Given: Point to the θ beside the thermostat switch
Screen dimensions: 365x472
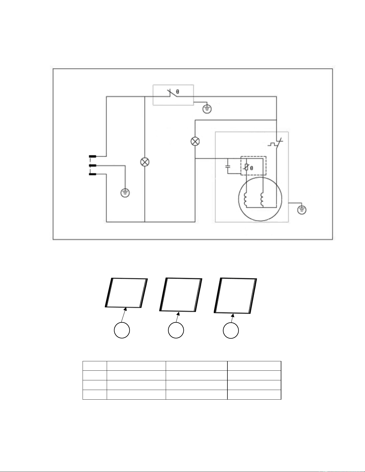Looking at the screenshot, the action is (x=177, y=92).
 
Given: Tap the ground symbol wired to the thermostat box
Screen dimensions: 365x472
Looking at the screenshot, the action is (x=207, y=109).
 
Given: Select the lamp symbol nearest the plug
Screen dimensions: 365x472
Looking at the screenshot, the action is (x=145, y=162).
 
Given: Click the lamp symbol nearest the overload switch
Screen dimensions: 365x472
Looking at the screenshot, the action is (x=195, y=141).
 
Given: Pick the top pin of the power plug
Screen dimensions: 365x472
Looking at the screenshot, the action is (x=93, y=156).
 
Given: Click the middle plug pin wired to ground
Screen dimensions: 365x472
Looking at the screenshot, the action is (x=93, y=165).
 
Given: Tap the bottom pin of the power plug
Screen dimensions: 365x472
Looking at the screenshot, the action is (x=93, y=174).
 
